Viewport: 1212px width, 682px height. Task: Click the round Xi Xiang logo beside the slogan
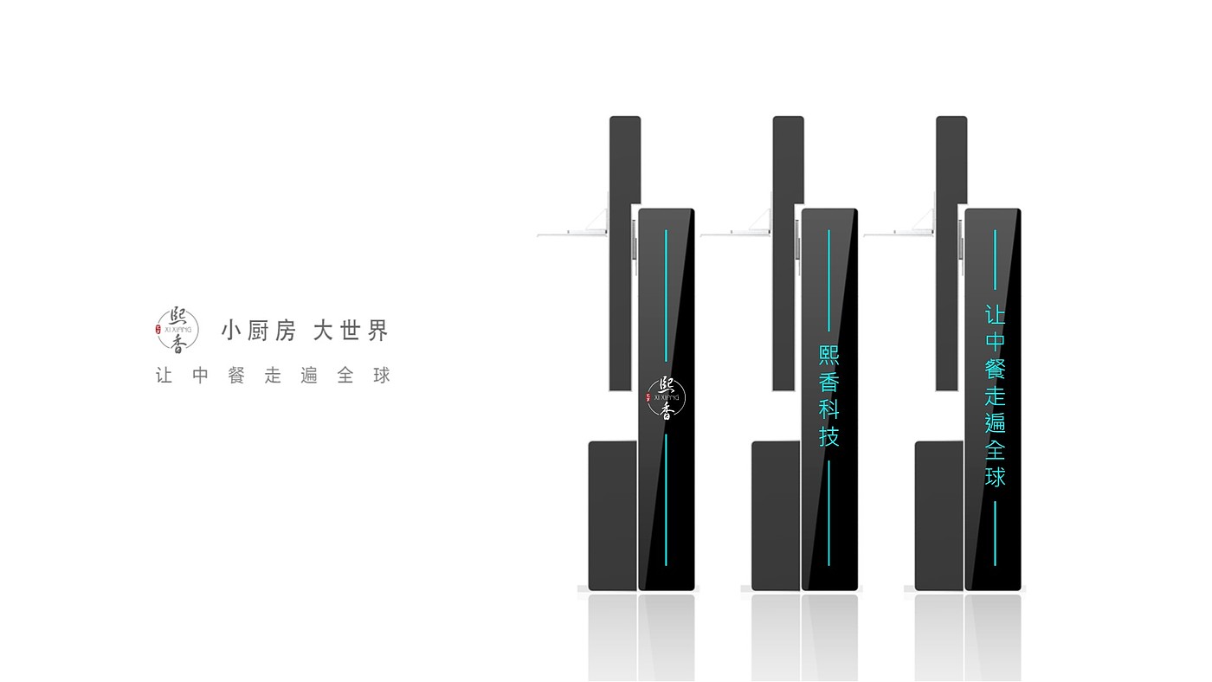(177, 331)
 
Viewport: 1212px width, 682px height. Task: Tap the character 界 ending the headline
(378, 331)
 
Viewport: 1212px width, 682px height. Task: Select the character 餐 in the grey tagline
(236, 376)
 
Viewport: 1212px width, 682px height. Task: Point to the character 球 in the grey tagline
(382, 376)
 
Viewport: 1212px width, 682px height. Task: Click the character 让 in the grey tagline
(164, 376)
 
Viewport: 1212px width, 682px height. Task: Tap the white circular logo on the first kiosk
(666, 397)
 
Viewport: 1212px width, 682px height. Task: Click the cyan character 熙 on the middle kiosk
(829, 357)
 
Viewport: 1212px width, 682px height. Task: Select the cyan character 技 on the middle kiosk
(829, 436)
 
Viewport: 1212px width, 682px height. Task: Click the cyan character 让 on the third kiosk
(995, 315)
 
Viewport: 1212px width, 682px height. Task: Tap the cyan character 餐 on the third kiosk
(995, 369)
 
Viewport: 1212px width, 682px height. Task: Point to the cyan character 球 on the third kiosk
(995, 477)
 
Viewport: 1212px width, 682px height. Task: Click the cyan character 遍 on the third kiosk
(995, 423)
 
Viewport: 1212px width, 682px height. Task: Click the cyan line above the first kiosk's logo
(666, 294)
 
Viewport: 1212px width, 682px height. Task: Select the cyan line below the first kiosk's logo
(666, 499)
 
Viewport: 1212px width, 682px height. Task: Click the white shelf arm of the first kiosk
(572, 233)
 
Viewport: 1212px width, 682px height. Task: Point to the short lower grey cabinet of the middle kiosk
(775, 515)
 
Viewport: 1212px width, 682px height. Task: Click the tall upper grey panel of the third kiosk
(951, 251)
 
